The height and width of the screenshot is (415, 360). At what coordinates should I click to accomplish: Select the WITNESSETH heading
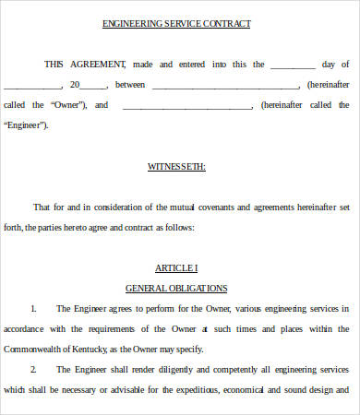tap(177, 167)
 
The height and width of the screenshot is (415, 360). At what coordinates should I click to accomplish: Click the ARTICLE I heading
tap(176, 267)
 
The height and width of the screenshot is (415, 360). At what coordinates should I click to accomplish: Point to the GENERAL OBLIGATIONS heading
tap(176, 288)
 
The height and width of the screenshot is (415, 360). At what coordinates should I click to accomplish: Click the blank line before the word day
tap(293, 65)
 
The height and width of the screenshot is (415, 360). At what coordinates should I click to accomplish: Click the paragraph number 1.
tap(32, 308)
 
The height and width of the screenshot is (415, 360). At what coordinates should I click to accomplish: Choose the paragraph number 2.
tap(32, 369)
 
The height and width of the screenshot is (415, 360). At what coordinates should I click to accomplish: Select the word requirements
tap(96, 328)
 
